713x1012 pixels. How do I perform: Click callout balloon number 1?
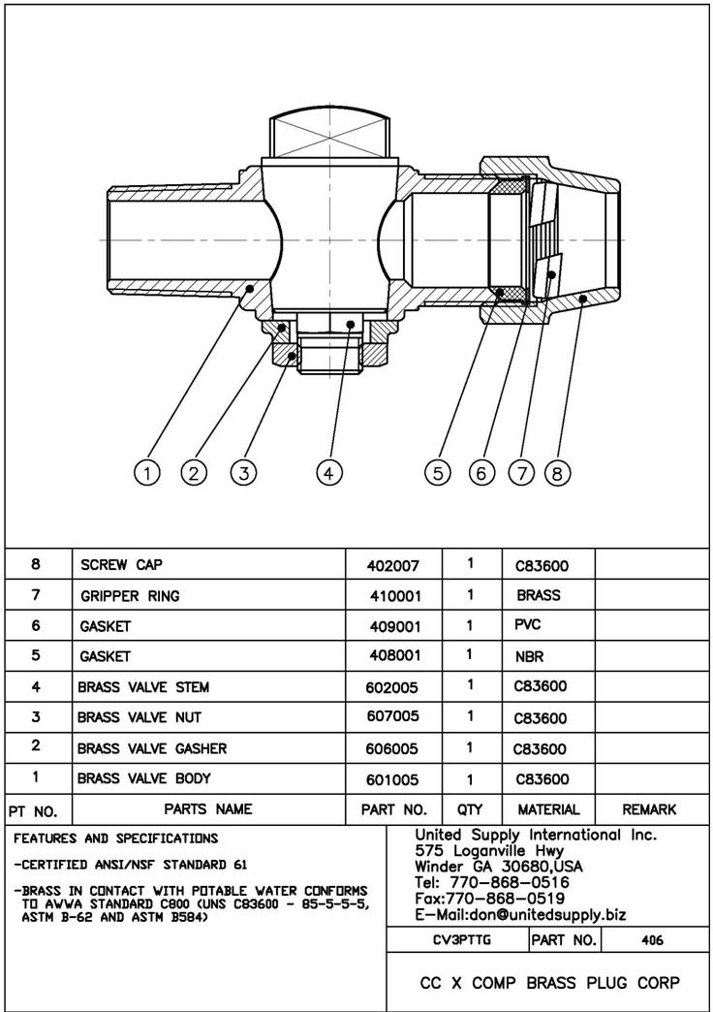(x=147, y=472)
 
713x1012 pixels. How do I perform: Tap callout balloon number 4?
(x=329, y=472)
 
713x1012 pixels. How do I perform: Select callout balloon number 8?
(x=557, y=472)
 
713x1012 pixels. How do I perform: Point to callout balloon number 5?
(x=439, y=472)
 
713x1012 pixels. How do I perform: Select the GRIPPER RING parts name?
(x=130, y=595)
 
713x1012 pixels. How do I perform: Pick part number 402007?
(x=394, y=564)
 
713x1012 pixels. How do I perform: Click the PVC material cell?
(x=528, y=625)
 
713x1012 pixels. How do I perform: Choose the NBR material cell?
(x=530, y=656)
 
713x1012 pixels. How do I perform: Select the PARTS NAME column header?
(x=208, y=808)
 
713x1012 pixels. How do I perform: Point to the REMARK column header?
(x=649, y=809)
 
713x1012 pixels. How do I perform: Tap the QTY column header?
(x=470, y=809)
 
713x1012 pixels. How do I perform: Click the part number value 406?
(x=652, y=940)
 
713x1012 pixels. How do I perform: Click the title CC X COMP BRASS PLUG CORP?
(x=549, y=983)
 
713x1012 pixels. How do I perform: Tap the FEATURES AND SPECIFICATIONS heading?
(x=116, y=838)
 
